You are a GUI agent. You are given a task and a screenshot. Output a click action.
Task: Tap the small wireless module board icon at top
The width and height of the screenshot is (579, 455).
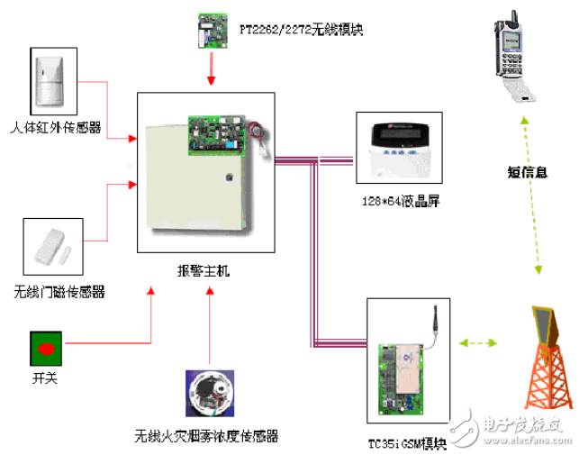pyautogui.click(x=212, y=30)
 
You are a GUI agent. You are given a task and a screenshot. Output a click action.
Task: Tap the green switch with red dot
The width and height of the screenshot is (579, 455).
pyautogui.click(x=46, y=346)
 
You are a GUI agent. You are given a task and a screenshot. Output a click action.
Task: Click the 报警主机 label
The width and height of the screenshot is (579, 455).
pyautogui.click(x=204, y=270)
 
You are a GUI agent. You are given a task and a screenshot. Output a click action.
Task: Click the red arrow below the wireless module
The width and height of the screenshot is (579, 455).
pyautogui.click(x=212, y=71)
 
